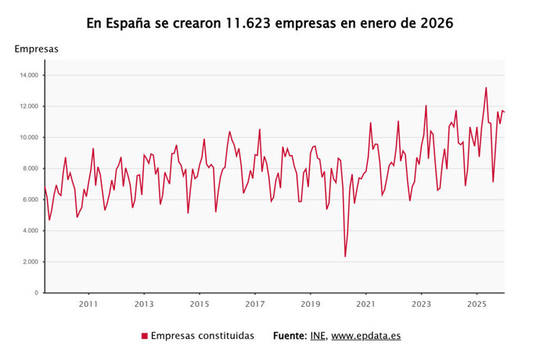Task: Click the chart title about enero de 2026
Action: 270,23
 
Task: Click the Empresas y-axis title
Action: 36,49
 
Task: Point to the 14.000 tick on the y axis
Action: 30,75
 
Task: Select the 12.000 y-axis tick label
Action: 30,106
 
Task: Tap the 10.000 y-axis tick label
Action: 30,138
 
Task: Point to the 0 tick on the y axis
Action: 36,293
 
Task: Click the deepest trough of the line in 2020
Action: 345,256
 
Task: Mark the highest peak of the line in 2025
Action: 486,88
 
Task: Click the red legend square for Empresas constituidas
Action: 145,336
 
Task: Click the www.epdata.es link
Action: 366,336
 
